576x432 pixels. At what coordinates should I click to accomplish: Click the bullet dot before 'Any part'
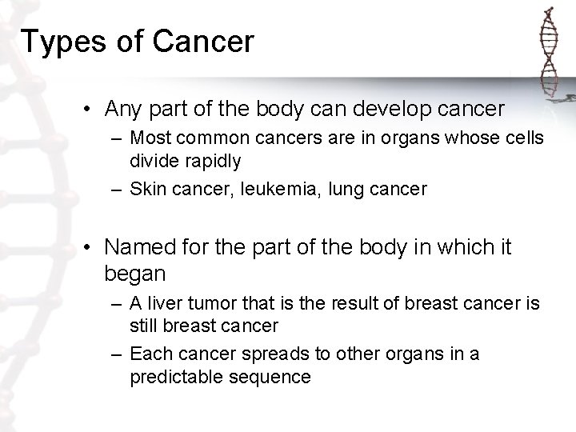pos(93,108)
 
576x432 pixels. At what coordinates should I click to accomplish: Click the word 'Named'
pos(140,248)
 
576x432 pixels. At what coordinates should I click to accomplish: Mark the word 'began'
pos(134,274)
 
